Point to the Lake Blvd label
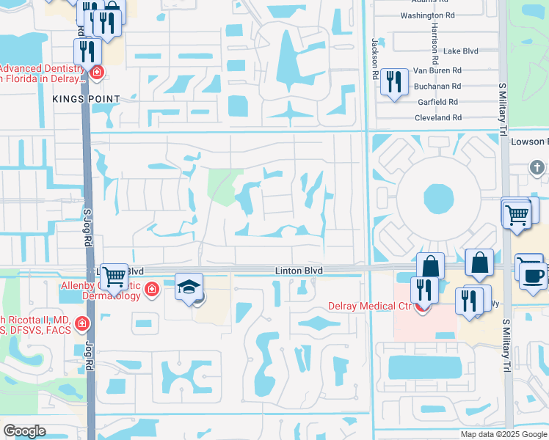click(x=461, y=51)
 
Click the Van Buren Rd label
click(x=437, y=70)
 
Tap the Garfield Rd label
click(x=437, y=102)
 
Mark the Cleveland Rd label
click(x=437, y=117)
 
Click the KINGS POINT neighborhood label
click(x=85, y=98)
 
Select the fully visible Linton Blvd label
click(x=299, y=271)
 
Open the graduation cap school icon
click(x=189, y=287)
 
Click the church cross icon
click(x=537, y=167)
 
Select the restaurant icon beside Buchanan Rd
click(x=395, y=82)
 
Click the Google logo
click(x=24, y=430)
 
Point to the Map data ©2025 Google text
click(x=503, y=434)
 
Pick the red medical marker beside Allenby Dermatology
click(x=152, y=289)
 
